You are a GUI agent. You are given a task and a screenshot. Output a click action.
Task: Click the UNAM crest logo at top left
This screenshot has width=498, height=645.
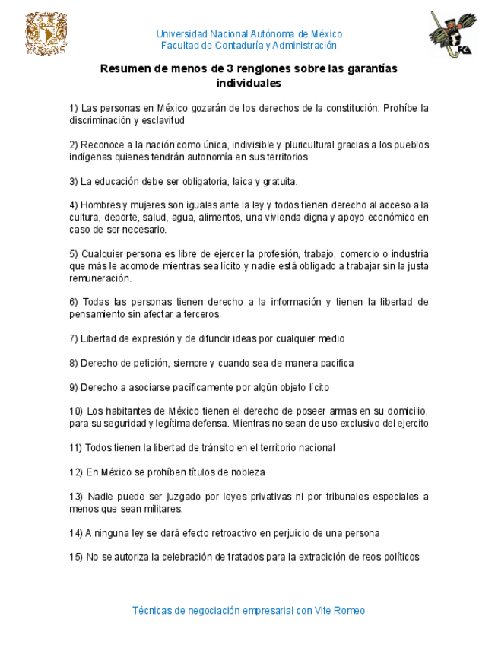46,35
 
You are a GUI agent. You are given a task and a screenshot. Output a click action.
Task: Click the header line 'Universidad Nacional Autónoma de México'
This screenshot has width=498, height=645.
249,34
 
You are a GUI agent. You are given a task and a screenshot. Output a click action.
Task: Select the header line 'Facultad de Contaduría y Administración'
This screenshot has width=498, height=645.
249,46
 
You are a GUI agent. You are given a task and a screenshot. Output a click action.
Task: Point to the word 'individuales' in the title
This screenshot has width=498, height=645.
249,83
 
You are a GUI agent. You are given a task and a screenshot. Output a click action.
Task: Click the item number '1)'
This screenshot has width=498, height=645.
74,108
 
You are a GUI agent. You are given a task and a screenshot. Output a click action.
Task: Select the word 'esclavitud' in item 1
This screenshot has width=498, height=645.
163,120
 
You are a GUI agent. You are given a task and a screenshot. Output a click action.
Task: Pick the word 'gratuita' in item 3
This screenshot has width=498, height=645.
280,182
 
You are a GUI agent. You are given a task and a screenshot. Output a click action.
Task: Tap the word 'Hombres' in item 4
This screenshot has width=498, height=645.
97,205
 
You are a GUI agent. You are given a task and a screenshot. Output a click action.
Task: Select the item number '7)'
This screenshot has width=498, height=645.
74,338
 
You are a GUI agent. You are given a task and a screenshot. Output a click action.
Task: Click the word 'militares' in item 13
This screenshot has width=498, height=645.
163,509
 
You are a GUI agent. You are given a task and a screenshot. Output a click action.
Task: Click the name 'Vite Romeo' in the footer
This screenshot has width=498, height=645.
340,611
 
